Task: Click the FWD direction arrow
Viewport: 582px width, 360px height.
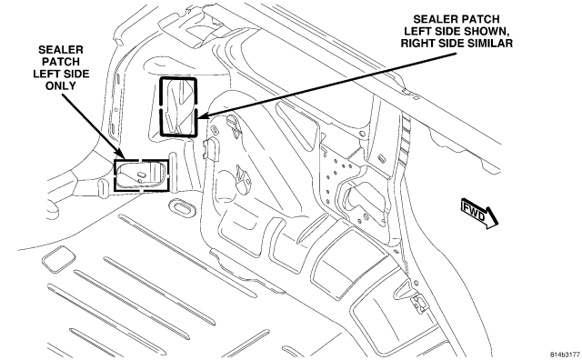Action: (x=479, y=215)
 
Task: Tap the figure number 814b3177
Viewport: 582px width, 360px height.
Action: (x=565, y=354)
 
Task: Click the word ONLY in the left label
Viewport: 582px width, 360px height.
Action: (x=61, y=85)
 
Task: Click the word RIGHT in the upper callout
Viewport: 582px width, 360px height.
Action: (x=415, y=43)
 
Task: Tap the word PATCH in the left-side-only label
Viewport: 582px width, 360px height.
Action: (x=61, y=62)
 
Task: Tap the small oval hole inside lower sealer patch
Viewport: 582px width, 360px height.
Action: (x=142, y=174)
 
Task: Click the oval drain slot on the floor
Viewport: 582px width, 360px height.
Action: (x=182, y=207)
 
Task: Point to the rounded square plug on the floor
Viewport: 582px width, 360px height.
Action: (x=58, y=259)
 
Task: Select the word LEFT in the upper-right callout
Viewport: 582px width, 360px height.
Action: (x=416, y=31)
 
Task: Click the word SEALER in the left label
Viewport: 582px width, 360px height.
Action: (x=61, y=50)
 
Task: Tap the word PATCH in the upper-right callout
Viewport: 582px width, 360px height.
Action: (x=481, y=19)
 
